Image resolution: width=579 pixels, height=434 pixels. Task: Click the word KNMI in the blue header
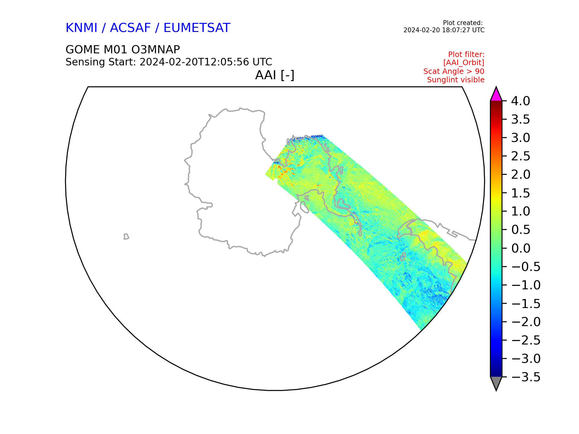pyautogui.click(x=81, y=28)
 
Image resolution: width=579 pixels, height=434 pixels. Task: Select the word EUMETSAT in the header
pyautogui.click(x=197, y=28)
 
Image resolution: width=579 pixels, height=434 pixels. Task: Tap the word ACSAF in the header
pyautogui.click(x=130, y=28)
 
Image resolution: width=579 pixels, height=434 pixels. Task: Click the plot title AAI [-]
pyautogui.click(x=275, y=75)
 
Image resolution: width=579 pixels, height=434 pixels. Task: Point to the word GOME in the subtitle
pyautogui.click(x=83, y=50)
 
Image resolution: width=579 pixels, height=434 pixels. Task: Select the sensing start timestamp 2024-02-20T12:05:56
pyautogui.click(x=194, y=62)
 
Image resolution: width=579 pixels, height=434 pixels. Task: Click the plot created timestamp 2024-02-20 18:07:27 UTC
pyautogui.click(x=444, y=30)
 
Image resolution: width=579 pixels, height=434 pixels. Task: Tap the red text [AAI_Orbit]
pyautogui.click(x=464, y=63)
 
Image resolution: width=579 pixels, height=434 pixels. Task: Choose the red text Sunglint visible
pyautogui.click(x=456, y=80)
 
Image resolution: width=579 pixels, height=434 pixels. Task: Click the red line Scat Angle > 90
pyautogui.click(x=454, y=71)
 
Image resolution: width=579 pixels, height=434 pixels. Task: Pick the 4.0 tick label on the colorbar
pyautogui.click(x=520, y=101)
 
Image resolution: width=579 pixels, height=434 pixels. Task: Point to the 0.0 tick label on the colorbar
pyautogui.click(x=520, y=248)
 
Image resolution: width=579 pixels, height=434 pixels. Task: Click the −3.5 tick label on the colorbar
pyautogui.click(x=526, y=377)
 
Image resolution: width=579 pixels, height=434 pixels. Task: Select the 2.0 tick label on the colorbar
pyautogui.click(x=520, y=175)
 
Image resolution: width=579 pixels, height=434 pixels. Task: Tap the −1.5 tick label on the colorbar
pyautogui.click(x=526, y=303)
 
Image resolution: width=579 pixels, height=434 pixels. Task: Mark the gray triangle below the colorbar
pyautogui.click(x=496, y=382)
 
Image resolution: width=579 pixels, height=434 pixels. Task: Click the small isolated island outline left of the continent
pyautogui.click(x=126, y=237)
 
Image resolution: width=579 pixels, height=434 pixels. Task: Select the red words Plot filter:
pyautogui.click(x=466, y=55)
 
